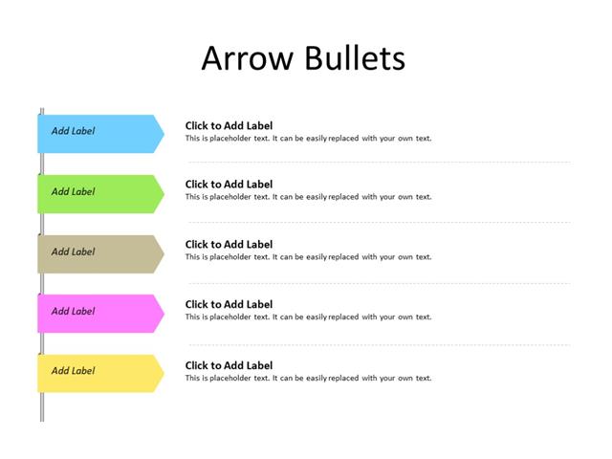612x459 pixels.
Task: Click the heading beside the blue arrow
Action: pyautogui.click(x=229, y=125)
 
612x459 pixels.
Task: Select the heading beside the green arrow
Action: pyautogui.click(x=229, y=185)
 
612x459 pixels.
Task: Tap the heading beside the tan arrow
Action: pyautogui.click(x=229, y=245)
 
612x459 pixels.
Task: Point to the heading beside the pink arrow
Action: pyautogui.click(x=229, y=305)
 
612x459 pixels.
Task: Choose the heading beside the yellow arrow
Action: pyautogui.click(x=229, y=365)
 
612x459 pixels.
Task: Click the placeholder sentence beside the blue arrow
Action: pyautogui.click(x=308, y=139)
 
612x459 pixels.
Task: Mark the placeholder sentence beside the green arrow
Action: pyautogui.click(x=308, y=198)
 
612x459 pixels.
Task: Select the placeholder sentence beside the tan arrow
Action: pyautogui.click(x=308, y=257)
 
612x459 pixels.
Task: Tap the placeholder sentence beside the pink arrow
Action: pyautogui.click(x=308, y=317)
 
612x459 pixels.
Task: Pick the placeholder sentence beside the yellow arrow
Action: pyautogui.click(x=308, y=379)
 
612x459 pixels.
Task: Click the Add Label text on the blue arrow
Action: pyautogui.click(x=73, y=132)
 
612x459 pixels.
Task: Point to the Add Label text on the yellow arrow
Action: pyautogui.click(x=73, y=371)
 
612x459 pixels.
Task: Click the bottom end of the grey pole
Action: pyautogui.click(x=42, y=418)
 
